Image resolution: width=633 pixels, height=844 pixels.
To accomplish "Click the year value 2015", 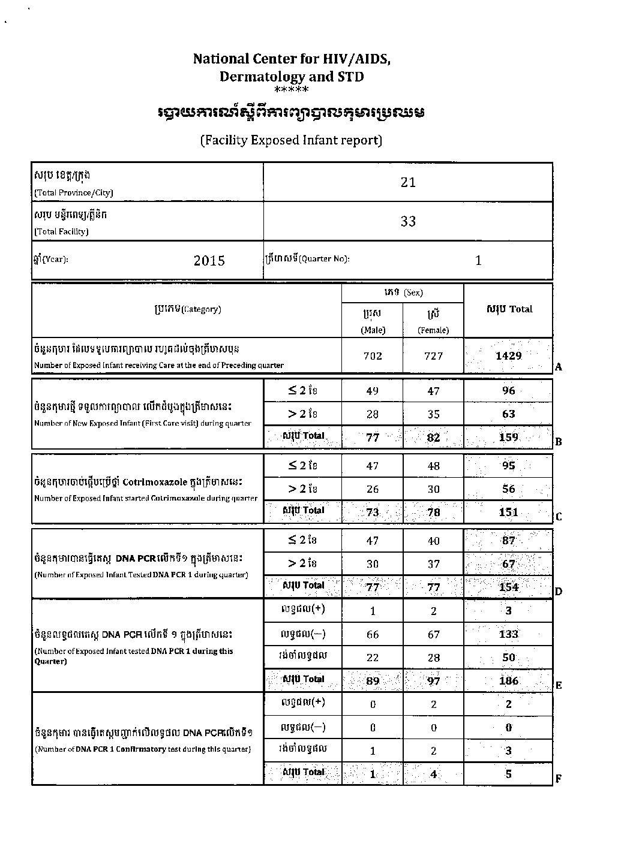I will tap(209, 260).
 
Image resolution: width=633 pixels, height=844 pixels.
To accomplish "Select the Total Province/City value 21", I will tap(408, 182).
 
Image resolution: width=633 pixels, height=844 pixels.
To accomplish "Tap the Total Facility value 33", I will tap(408, 221).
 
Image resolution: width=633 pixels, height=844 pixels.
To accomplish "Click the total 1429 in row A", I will tap(508, 355).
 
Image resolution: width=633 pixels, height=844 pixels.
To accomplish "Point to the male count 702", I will tap(373, 356).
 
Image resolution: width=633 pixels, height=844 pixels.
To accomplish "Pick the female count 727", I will tap(433, 356).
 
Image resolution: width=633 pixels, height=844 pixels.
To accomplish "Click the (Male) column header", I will tap(373, 330).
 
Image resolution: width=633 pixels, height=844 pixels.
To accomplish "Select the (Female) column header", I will tap(433, 330).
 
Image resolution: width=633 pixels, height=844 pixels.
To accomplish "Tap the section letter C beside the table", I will tap(559, 516).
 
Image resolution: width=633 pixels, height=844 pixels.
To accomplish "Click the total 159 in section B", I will tap(508, 437).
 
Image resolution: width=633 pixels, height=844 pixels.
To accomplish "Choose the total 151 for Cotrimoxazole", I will tap(508, 512).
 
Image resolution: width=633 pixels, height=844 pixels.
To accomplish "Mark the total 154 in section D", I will tap(508, 587).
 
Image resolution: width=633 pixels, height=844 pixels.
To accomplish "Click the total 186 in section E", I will tap(508, 680).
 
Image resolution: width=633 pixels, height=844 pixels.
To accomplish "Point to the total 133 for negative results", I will tap(508, 634).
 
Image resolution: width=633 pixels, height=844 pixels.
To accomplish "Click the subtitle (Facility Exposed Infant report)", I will tap(291, 140).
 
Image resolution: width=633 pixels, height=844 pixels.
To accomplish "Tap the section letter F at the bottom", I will tap(559, 779).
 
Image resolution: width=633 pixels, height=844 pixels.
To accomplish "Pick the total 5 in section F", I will tap(508, 773).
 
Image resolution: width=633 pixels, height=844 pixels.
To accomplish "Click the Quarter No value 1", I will tap(478, 260).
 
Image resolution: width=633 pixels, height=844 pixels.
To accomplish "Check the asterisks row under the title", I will tap(291, 91).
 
